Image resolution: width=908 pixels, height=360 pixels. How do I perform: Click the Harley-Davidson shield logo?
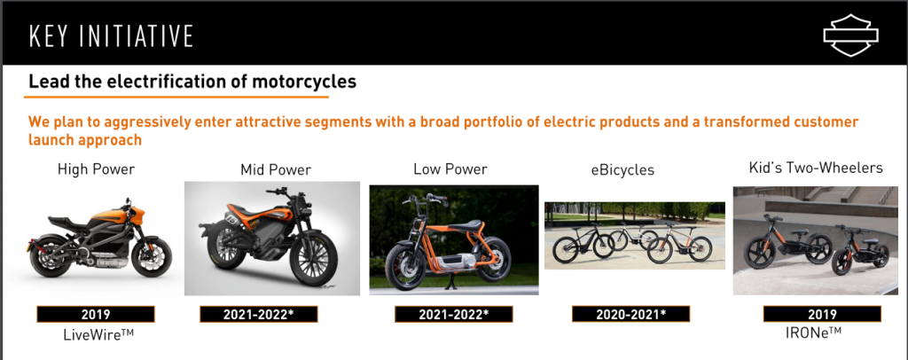(849, 36)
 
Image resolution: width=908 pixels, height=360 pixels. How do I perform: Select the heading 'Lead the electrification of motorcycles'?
(192, 82)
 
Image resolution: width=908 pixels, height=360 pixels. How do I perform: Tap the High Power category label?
(96, 168)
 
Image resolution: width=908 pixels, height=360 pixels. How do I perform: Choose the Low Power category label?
(450, 168)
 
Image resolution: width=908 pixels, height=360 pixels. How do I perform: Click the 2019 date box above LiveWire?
(96, 314)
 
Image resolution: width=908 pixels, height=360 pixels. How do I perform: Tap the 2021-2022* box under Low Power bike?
(452, 314)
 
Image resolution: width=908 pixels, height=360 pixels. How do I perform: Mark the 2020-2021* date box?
(630, 314)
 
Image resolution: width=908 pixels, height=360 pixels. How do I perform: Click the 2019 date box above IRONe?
(822, 314)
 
